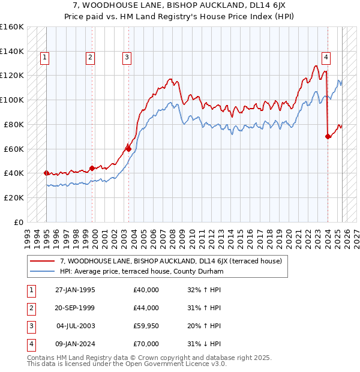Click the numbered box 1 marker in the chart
[x=46, y=58]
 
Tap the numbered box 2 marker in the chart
[x=90, y=58]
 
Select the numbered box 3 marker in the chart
[x=127, y=58]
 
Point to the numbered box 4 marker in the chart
[x=326, y=58]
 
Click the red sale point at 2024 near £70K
[x=328, y=136]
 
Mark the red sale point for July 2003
[x=128, y=148]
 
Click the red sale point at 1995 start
[x=46, y=173]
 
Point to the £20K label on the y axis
[x=14, y=197]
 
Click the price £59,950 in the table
[x=146, y=326]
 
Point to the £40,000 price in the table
[x=146, y=290]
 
